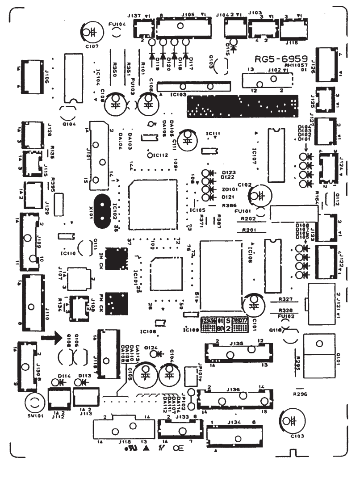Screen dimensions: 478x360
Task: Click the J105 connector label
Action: pos(188,14)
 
